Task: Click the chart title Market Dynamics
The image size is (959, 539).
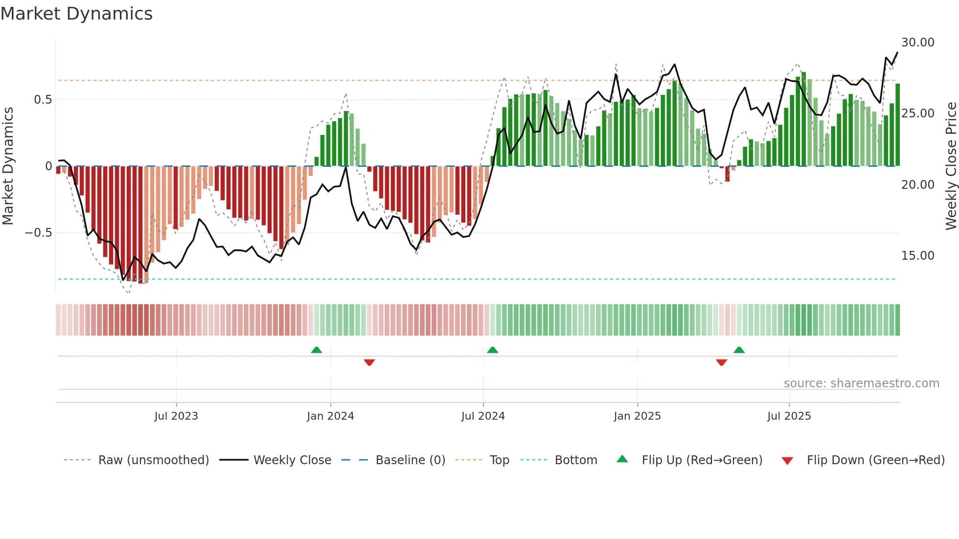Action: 76,14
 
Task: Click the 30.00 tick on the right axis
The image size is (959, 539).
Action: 917,43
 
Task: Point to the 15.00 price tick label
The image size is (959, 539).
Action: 917,256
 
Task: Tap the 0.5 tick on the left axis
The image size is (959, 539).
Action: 43,100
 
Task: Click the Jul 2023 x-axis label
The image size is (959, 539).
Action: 176,416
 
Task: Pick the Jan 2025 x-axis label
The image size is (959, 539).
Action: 637,416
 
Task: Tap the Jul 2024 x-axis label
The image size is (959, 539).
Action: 483,416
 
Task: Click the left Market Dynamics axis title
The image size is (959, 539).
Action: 8,166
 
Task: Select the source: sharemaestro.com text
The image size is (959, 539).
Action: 861,383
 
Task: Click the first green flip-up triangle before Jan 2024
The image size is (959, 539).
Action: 317,350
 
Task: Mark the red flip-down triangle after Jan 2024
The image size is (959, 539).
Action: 369,362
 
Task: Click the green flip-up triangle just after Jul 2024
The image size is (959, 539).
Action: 493,350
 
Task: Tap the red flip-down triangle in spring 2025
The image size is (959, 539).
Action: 721,362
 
